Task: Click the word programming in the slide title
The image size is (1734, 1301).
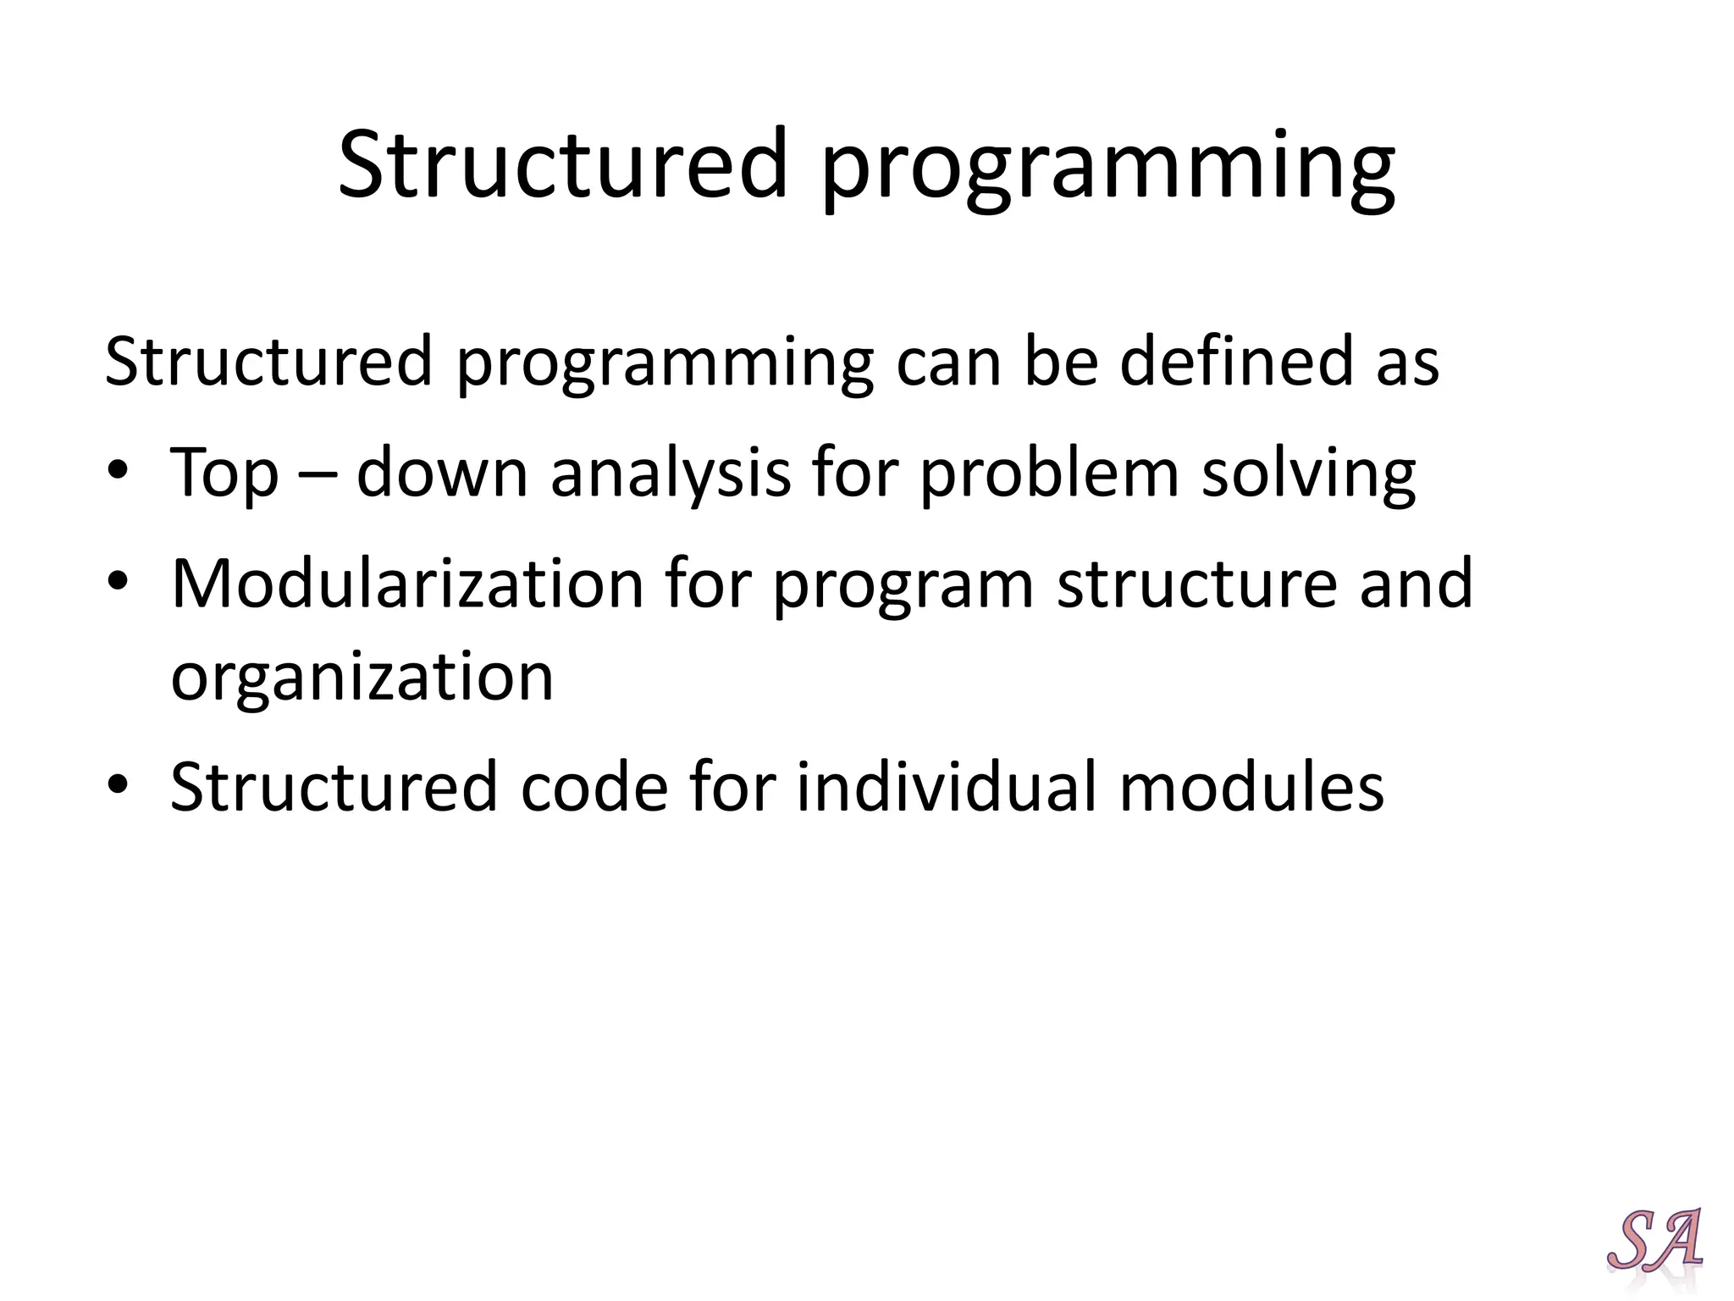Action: point(1107,169)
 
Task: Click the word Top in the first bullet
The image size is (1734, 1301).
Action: point(224,474)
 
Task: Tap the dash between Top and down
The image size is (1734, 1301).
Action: point(317,474)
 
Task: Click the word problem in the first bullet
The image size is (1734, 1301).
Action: point(1050,474)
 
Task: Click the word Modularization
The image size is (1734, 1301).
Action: point(407,584)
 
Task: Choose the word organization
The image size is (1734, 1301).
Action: point(362,678)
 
